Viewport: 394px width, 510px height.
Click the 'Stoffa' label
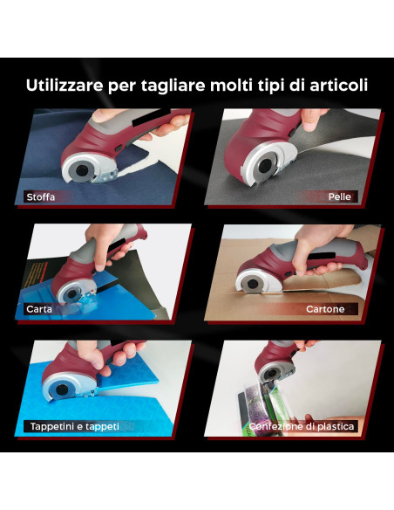point(41,197)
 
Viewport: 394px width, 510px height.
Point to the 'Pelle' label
point(339,196)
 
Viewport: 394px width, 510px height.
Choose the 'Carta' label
point(39,309)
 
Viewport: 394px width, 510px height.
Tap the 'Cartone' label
point(325,309)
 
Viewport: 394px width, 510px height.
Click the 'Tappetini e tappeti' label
point(75,426)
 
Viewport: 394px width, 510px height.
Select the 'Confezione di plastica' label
point(302,426)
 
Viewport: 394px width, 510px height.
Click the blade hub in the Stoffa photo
point(81,169)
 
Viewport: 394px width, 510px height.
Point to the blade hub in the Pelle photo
point(266,165)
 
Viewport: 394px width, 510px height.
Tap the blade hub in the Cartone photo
point(253,284)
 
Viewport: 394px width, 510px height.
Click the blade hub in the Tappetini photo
point(62,389)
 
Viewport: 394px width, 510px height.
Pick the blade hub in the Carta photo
point(71,294)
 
